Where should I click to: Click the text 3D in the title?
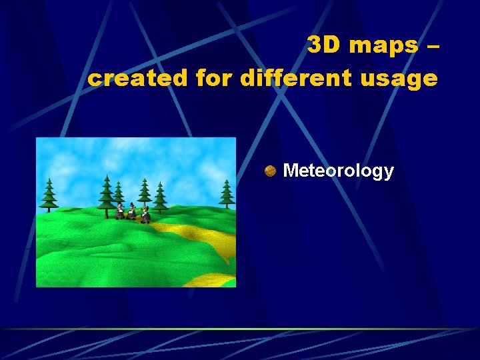coord(324,45)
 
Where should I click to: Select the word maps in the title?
coord(382,45)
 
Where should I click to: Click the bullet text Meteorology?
coord(338,171)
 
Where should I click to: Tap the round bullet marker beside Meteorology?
coord(270,171)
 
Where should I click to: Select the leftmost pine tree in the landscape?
coord(49,195)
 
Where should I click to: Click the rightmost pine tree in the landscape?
coord(227,194)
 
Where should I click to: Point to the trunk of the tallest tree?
coord(106,213)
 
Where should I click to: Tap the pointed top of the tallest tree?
coord(106,176)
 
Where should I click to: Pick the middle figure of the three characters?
coord(132,212)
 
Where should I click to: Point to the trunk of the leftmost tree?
coord(49,209)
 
